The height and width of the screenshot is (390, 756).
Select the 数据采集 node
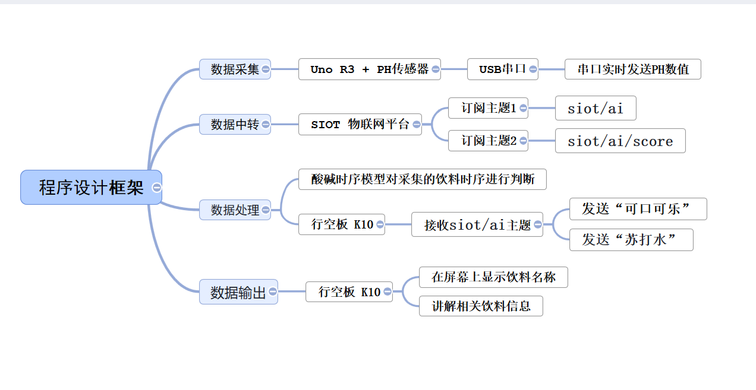tap(234, 69)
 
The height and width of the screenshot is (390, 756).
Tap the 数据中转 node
tap(234, 125)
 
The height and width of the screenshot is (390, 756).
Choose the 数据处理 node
tap(234, 210)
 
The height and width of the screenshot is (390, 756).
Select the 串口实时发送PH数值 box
tap(632, 69)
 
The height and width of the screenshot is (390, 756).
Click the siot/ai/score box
tap(620, 141)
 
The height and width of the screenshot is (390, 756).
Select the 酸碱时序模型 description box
tap(422, 179)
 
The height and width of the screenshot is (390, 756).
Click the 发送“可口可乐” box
tap(638, 209)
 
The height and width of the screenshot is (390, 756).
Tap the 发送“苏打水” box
tap(631, 240)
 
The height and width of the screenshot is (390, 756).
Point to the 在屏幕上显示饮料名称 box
tap(493, 277)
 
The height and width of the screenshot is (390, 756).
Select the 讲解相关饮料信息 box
tap(481, 306)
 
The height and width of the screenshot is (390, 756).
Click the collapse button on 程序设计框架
tap(157, 188)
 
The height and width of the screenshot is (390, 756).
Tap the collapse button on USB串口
tap(533, 69)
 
